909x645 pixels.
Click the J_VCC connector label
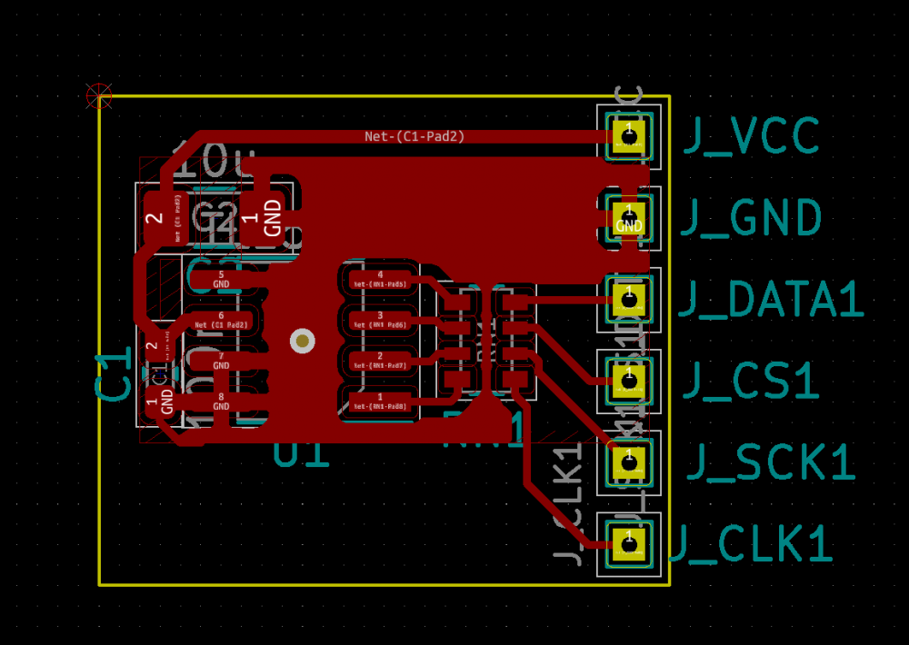pos(751,136)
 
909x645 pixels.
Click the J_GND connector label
pos(752,218)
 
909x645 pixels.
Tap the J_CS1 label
pos(751,382)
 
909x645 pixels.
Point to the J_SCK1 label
pos(770,462)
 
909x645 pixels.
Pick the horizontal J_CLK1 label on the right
pos(751,545)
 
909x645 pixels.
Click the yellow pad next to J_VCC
pos(627,135)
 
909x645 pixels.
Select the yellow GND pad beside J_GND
pos(627,218)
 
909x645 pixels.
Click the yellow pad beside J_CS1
pos(627,381)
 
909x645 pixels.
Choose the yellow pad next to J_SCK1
pos(627,462)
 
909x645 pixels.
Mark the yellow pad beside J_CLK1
pos(627,544)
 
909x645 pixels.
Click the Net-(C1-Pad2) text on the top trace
pos(415,136)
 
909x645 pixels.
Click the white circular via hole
pos(302,341)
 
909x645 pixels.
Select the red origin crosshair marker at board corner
pos(99,95)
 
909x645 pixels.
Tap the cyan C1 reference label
pos(114,377)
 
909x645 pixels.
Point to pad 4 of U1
pos(380,278)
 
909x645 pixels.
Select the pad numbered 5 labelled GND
pos(221,278)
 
